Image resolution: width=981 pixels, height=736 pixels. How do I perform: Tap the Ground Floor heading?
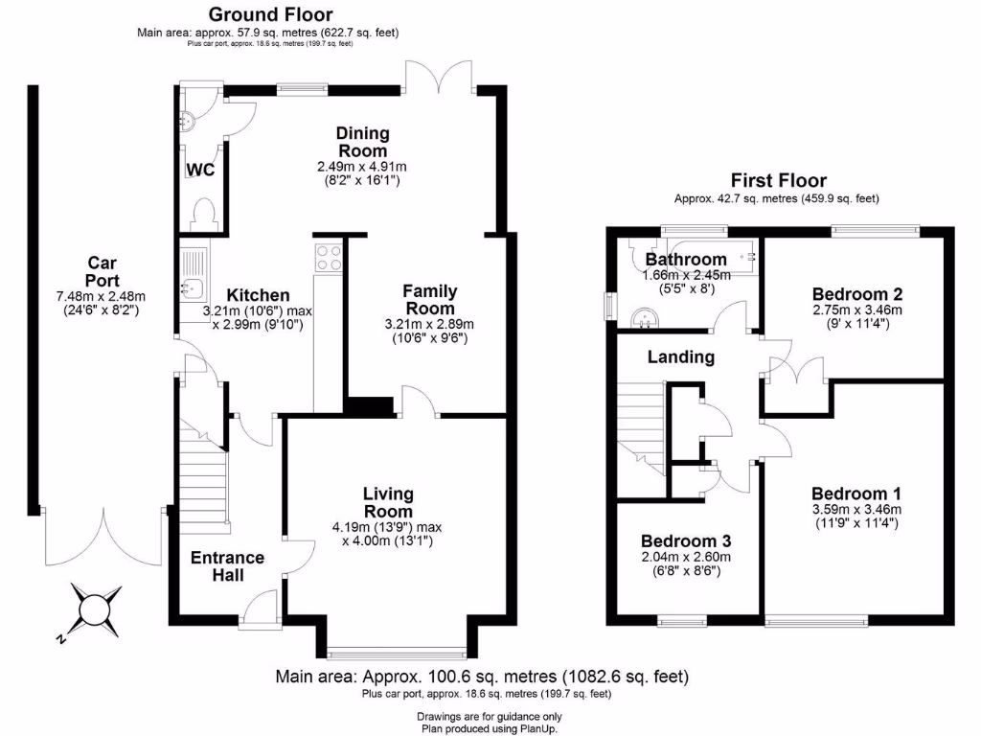coord(271,14)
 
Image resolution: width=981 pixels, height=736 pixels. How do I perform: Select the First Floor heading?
coord(778,180)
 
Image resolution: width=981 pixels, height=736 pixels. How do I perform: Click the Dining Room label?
coord(362,142)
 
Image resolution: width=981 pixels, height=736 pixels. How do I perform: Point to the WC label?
coord(200,171)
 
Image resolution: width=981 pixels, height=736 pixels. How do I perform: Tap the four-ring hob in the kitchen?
coord(329,256)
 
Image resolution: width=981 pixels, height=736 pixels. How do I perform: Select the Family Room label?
coord(430,299)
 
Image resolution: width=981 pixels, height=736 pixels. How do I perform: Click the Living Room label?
coord(387,504)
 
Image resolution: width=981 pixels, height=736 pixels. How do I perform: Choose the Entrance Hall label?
coord(227,566)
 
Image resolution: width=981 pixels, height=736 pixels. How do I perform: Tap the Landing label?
coord(681,357)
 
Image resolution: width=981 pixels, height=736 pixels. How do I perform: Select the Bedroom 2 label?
coord(857,294)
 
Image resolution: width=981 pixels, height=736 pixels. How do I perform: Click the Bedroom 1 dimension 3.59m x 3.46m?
coord(856,509)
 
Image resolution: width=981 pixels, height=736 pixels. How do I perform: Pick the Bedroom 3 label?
coord(686,540)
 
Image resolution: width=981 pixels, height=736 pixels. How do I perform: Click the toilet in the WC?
coord(204,212)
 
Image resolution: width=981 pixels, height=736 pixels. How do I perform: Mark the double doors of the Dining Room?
coord(438,77)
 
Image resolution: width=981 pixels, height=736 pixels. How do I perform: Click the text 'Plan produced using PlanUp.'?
coord(490,728)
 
